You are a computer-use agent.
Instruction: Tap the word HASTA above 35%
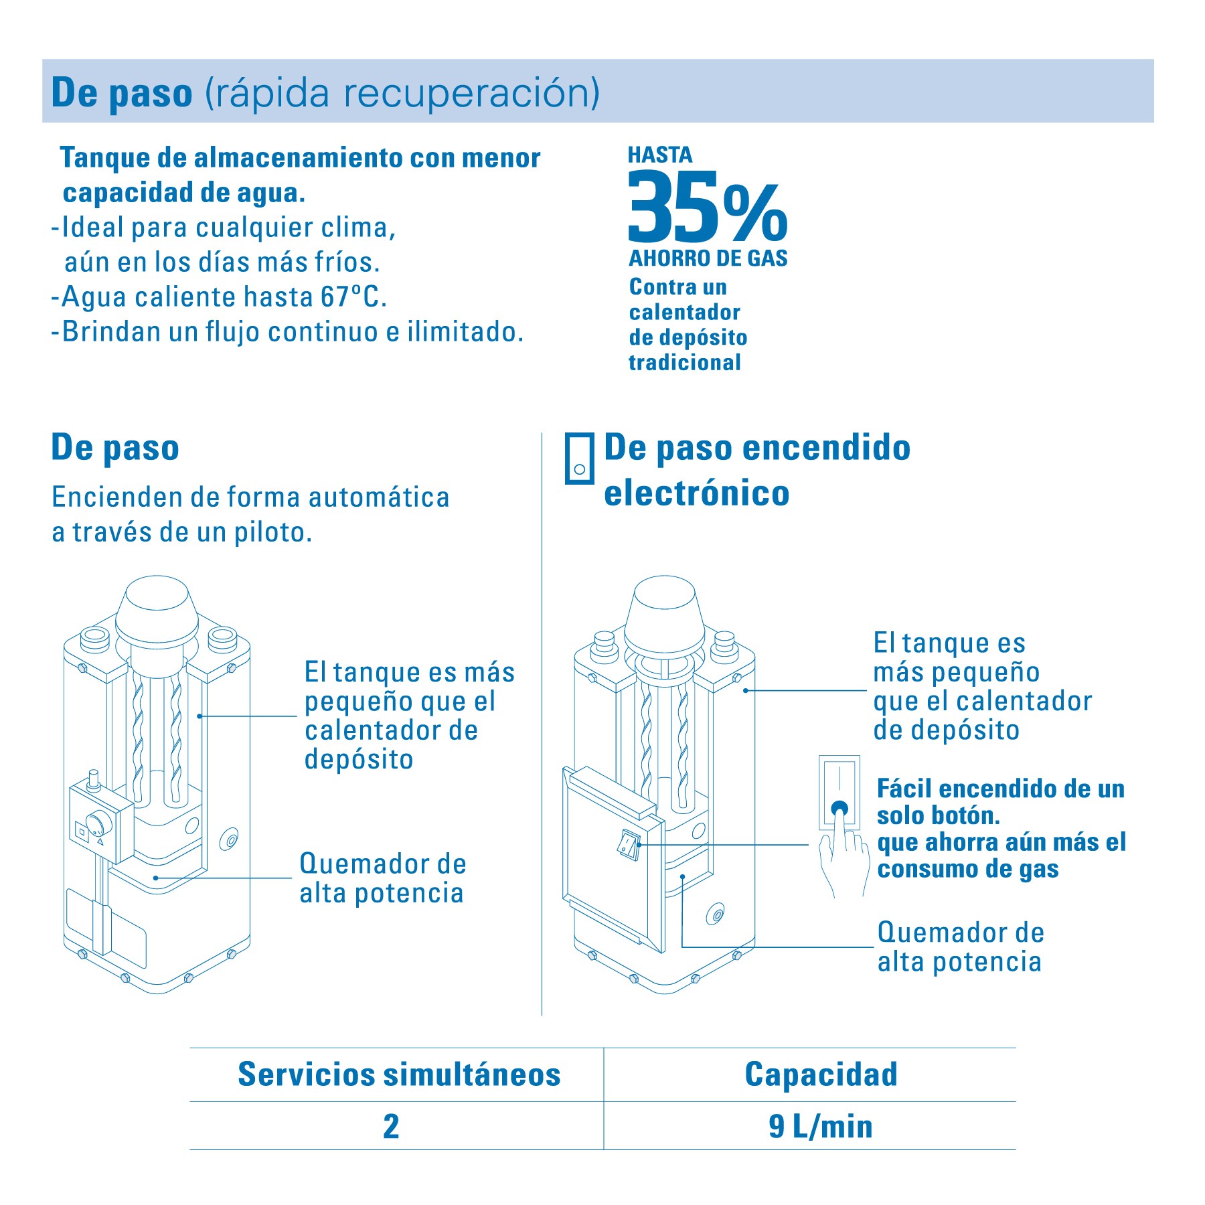pyautogui.click(x=660, y=155)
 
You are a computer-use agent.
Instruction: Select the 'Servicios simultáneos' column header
pyautogui.click(x=399, y=1074)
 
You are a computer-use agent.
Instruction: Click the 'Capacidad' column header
pyautogui.click(x=821, y=1074)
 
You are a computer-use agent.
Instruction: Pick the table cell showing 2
pyautogui.click(x=391, y=1126)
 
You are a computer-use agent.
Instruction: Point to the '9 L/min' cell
pyautogui.click(x=821, y=1126)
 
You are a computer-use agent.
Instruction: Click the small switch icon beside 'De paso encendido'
pyautogui.click(x=579, y=458)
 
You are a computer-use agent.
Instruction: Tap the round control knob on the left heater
pyautogui.click(x=98, y=823)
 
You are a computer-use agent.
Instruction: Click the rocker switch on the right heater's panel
pyautogui.click(x=629, y=844)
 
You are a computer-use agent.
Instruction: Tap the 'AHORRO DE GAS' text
pyautogui.click(x=708, y=258)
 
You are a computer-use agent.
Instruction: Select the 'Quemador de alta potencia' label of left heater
pyautogui.click(x=383, y=878)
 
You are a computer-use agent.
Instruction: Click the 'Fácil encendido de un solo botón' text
pyautogui.click(x=1001, y=802)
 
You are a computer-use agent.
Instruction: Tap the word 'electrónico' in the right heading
pyautogui.click(x=697, y=493)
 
